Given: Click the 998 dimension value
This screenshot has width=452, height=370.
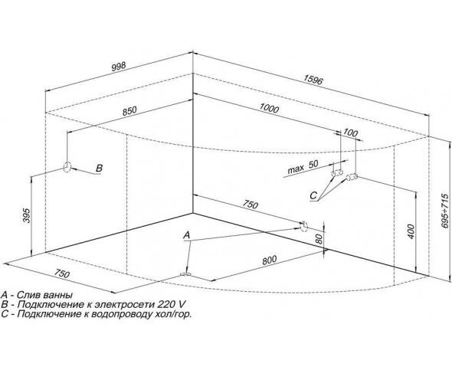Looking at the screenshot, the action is click(x=119, y=67).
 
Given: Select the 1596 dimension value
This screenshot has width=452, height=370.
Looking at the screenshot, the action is click(x=313, y=80).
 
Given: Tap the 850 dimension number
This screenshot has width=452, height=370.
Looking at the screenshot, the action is click(x=129, y=111).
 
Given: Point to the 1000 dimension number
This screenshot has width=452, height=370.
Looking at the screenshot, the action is click(x=269, y=108).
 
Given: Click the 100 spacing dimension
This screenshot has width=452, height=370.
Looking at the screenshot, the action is click(x=351, y=133).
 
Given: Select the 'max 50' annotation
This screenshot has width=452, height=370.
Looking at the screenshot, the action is click(x=303, y=166).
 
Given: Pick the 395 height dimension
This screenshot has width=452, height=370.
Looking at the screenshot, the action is click(x=27, y=215).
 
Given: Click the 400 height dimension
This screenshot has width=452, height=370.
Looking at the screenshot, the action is click(x=411, y=231).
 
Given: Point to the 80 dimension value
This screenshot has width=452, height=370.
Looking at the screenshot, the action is click(x=318, y=239).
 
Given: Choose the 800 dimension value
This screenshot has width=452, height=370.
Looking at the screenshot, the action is click(x=269, y=260).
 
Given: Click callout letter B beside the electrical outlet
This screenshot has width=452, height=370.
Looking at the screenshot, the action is click(x=99, y=168).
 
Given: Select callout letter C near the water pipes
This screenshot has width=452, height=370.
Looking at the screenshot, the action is click(x=313, y=195).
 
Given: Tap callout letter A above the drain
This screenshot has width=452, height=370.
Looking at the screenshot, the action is click(x=187, y=235).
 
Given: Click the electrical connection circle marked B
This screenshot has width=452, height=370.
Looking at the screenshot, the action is click(x=67, y=166).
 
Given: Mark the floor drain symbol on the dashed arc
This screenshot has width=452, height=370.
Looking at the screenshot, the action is click(x=185, y=274).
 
